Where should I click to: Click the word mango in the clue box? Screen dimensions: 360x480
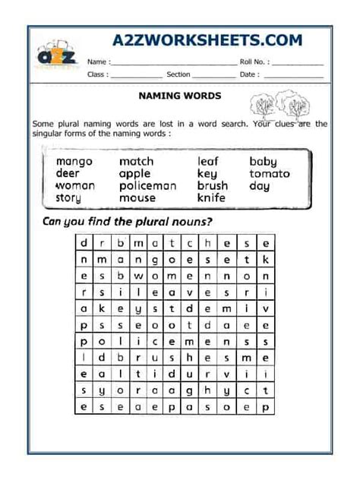[74, 161]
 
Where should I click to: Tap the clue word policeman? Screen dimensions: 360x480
[147, 185]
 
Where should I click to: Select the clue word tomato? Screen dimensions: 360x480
[269, 173]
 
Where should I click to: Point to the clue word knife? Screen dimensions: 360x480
[211, 197]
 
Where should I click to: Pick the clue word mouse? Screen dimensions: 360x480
[137, 197]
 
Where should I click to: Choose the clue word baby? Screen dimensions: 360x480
[263, 161]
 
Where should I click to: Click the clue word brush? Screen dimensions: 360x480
[213, 185]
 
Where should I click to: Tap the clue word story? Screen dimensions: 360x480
[68, 197]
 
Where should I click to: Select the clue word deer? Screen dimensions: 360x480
[68, 173]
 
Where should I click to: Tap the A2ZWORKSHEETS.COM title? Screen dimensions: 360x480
[207, 40]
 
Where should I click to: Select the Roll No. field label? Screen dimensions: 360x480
[254, 62]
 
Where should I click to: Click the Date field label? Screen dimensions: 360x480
[250, 74]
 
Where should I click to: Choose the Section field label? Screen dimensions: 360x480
[178, 74]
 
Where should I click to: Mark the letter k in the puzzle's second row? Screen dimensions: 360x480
[265, 259]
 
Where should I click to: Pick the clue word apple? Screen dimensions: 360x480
[134, 173]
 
